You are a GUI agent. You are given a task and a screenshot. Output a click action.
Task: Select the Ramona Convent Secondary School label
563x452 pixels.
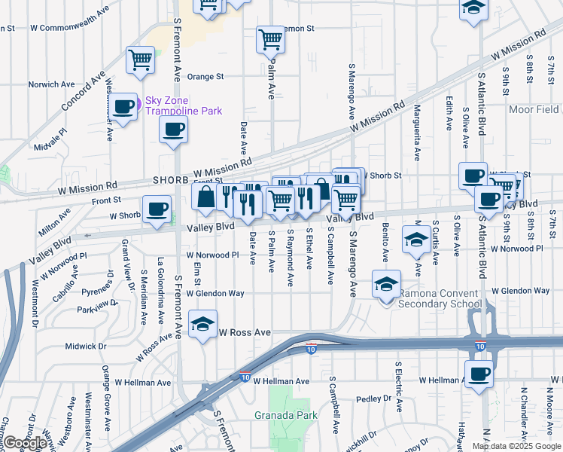tap(440, 298)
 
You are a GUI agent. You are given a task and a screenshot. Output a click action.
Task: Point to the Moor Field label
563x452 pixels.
tap(534, 110)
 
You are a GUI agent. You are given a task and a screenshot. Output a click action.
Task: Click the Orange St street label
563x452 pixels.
tap(205, 76)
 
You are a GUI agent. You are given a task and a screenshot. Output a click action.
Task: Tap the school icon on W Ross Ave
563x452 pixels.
tap(202, 324)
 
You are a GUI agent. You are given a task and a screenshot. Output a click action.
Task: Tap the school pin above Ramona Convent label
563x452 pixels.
tap(386, 285)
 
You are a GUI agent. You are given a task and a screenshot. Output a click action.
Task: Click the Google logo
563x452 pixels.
tap(25, 442)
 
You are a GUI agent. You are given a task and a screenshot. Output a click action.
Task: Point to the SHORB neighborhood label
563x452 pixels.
tap(169, 182)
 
